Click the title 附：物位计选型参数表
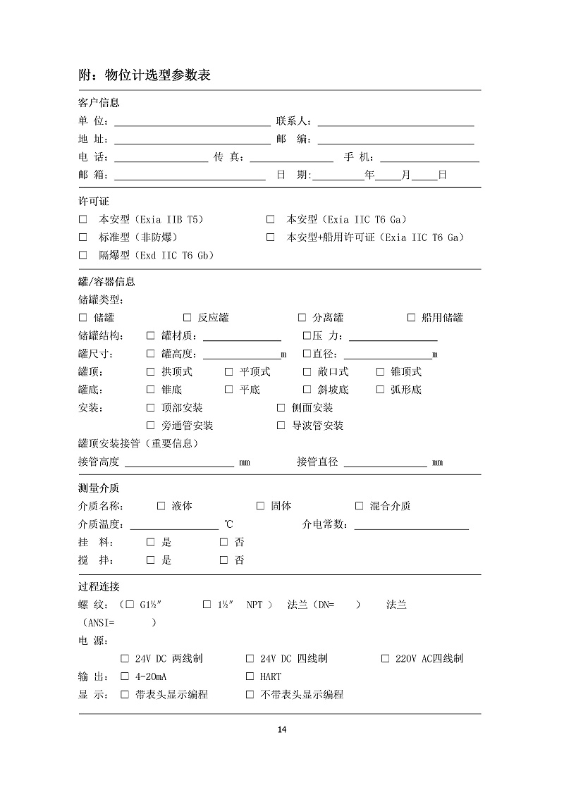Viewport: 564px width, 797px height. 144,75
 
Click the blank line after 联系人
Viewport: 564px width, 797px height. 396,121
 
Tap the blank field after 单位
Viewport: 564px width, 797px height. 192,121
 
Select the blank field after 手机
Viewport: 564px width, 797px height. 429,157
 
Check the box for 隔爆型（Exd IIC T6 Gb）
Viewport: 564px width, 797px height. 82,255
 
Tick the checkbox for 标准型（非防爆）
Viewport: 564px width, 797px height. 82,237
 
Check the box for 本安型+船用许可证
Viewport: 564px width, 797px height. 270,237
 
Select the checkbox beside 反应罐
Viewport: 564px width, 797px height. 188,318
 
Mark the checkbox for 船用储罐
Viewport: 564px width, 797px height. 411,318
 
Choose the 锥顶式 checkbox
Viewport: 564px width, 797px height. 380,371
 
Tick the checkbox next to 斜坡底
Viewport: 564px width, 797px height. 307,389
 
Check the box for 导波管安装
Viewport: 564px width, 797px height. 281,426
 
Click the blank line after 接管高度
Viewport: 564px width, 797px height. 179,462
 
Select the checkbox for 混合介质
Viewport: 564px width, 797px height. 359,506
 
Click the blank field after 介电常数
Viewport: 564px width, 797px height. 411,524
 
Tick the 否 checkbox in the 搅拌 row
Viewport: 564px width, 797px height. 223,560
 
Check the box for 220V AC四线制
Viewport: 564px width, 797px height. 385,659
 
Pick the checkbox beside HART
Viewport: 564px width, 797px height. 250,676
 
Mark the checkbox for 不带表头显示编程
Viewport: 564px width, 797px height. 250,695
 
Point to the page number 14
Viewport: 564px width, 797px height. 281,729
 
